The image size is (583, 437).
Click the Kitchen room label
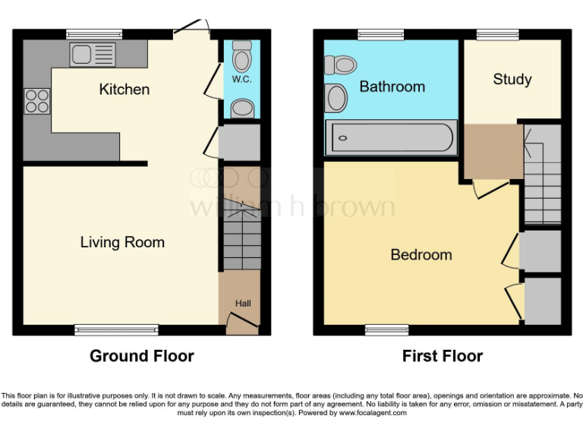(x=124, y=90)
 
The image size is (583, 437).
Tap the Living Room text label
(x=122, y=243)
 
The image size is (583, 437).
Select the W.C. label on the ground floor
(x=241, y=80)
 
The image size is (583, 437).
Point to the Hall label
(x=242, y=303)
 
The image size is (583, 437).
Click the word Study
(x=512, y=80)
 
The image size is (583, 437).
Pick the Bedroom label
(x=421, y=255)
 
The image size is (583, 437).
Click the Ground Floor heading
(x=142, y=356)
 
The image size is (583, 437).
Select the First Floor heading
(x=443, y=356)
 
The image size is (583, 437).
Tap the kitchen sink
(x=93, y=54)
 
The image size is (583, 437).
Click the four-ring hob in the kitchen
(x=37, y=101)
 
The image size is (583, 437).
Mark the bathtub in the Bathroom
(x=391, y=138)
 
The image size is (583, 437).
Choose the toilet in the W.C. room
(x=242, y=58)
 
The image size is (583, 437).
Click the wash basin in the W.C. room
(x=242, y=108)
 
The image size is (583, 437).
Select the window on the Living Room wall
(x=116, y=329)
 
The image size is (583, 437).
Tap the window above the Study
(x=498, y=34)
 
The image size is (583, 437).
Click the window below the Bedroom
(x=386, y=329)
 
